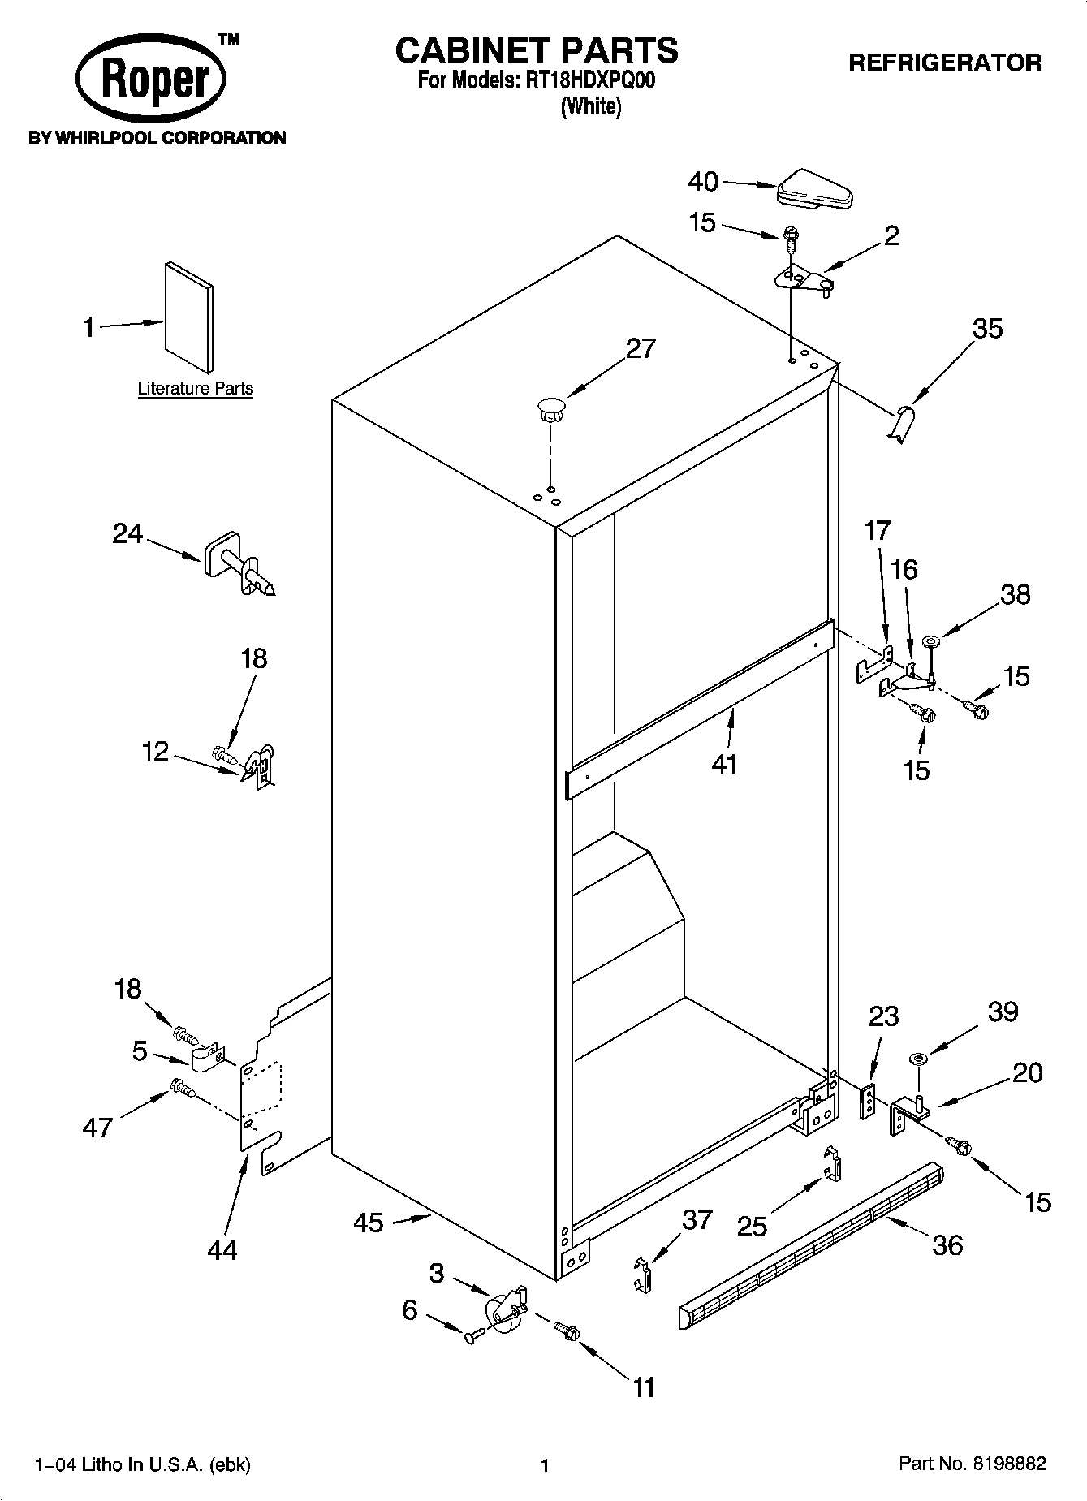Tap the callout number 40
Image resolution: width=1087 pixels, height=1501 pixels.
pos(703,182)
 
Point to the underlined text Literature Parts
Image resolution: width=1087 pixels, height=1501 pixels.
pos(195,389)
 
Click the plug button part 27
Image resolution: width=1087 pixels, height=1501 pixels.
pos(551,408)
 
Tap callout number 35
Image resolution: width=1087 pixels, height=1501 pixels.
pos(987,329)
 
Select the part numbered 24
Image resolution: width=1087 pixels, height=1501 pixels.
pos(238,565)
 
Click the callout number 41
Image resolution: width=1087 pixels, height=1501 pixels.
pos(723,764)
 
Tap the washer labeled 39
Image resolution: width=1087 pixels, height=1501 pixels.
pos(919,1058)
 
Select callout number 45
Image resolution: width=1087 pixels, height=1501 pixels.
pos(369,1222)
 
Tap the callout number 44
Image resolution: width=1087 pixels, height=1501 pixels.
pos(222,1249)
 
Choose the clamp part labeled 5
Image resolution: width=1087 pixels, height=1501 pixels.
pos(207,1058)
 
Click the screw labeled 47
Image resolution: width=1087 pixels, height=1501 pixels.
pos(182,1089)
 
